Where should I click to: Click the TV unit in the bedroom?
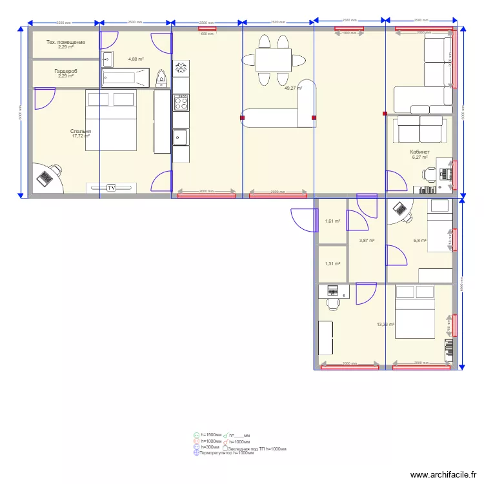[x=112, y=188]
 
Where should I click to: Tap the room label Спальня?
[x=81, y=132]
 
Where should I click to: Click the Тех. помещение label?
[x=65, y=43]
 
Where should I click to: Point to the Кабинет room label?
[x=419, y=152]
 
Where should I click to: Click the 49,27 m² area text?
[x=293, y=88]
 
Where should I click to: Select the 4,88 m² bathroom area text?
[x=136, y=59]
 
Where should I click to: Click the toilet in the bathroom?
[x=162, y=79]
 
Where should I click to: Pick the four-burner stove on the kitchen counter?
[x=181, y=102]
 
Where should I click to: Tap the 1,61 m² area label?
[x=333, y=221]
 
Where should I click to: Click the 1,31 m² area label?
[x=333, y=263]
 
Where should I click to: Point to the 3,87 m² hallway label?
[x=367, y=241]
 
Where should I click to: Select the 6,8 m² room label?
[x=420, y=241]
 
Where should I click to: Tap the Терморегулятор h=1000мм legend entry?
[x=226, y=453]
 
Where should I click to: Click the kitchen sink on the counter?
[x=180, y=137]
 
